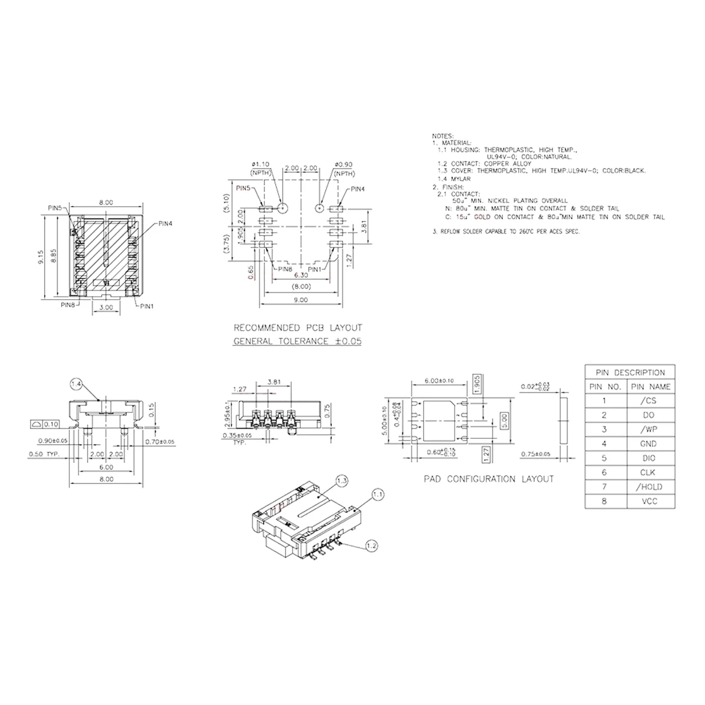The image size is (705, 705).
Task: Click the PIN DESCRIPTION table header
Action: coord(630,372)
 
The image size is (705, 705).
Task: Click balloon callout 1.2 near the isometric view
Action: coord(371,546)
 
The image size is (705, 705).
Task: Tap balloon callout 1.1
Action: coord(378,495)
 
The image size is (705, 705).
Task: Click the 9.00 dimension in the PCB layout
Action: coord(300,300)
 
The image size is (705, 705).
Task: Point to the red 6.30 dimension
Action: coord(301,275)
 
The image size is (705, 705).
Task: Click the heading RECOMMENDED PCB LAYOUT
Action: coord(298,328)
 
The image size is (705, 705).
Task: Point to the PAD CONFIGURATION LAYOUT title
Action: coord(489,479)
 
